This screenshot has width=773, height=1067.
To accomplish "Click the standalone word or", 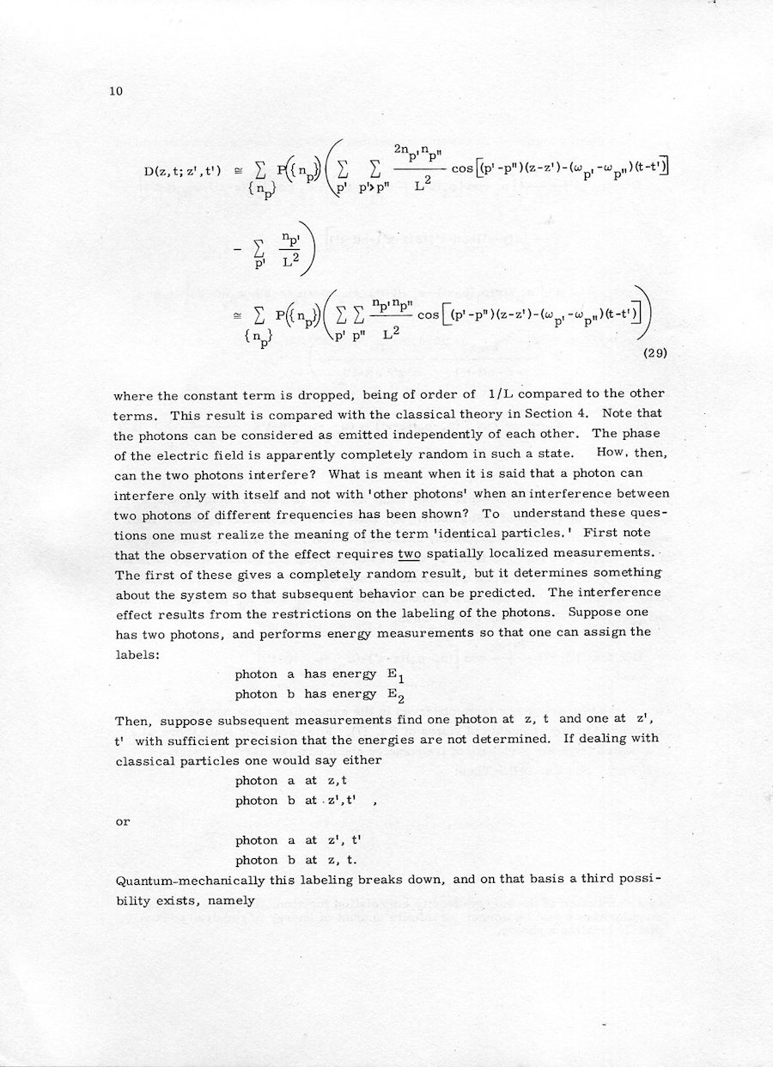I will tap(123, 821).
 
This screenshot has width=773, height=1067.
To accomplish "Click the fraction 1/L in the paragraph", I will tap(499, 394).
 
